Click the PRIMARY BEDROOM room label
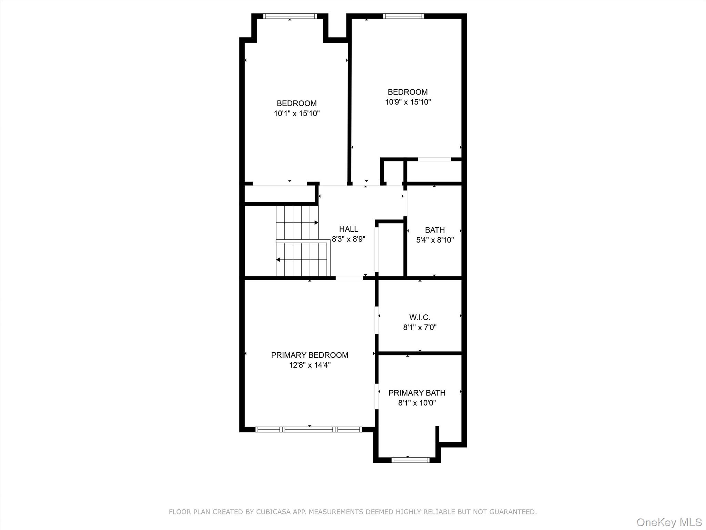click(x=310, y=355)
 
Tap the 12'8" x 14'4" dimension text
click(x=310, y=365)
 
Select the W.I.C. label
click(x=420, y=317)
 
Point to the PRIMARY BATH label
click(x=417, y=393)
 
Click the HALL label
click(x=349, y=229)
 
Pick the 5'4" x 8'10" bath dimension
click(x=435, y=240)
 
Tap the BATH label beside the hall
click(x=435, y=230)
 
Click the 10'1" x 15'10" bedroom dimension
click(x=296, y=114)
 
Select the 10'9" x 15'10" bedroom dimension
click(x=408, y=102)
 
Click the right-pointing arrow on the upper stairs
click(x=316, y=223)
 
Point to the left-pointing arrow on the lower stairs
click(x=278, y=259)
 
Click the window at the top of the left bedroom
click(x=290, y=16)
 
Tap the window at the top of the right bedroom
click(x=403, y=16)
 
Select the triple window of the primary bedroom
click(x=309, y=430)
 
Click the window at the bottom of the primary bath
click(x=410, y=460)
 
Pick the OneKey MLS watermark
click(x=669, y=522)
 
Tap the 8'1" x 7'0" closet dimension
click(x=420, y=327)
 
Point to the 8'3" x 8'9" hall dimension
click(x=348, y=239)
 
